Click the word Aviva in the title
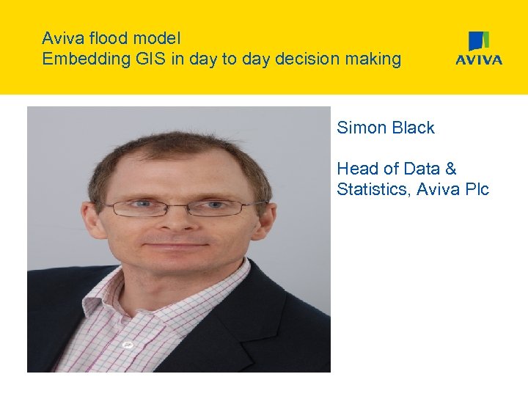click(x=62, y=38)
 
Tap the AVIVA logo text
click(x=479, y=60)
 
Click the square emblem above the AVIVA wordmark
click(x=479, y=41)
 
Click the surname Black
click(x=414, y=128)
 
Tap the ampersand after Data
click(x=450, y=169)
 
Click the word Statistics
click(x=373, y=190)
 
